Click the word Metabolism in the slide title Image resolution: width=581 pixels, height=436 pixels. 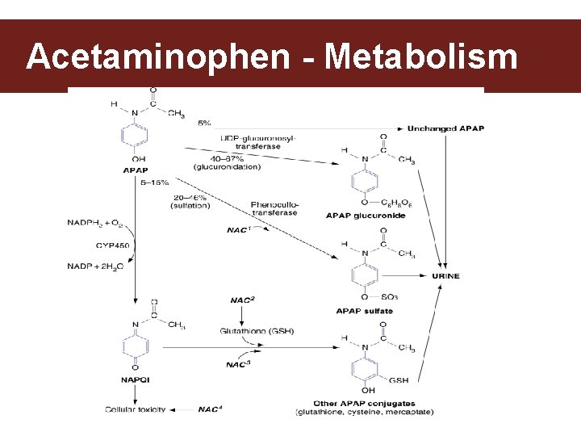coord(420,57)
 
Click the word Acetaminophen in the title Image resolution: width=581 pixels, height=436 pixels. coord(157,57)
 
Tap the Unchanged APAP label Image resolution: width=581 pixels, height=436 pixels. coord(445,128)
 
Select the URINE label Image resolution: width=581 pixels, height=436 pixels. coord(445,276)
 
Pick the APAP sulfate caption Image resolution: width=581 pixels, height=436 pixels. coord(364,311)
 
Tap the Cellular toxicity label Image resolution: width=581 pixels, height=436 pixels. coord(135,409)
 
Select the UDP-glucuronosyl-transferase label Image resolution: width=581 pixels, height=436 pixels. coord(257,142)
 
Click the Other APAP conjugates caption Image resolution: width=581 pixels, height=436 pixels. coord(364,404)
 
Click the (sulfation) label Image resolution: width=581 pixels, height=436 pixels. coord(190,206)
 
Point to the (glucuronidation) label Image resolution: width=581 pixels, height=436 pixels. coord(227,167)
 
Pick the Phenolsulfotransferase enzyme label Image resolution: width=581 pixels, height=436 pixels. coord(274,208)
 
